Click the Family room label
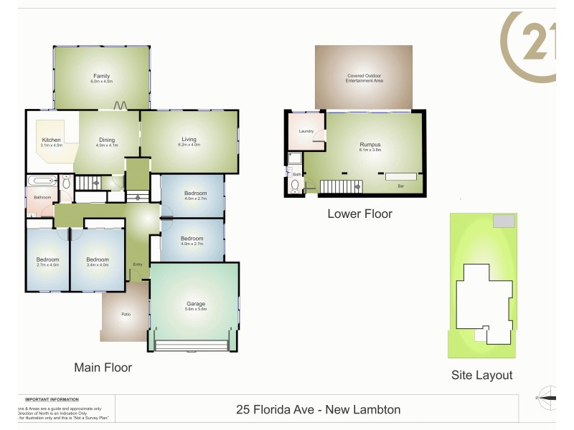tap(100, 75)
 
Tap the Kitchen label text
tap(51, 140)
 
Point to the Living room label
tap(189, 140)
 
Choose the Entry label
tap(137, 264)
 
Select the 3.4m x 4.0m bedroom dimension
tap(98, 265)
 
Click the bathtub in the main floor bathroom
tap(42, 181)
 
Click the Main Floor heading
tap(103, 368)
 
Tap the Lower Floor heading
tap(359, 213)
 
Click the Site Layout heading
tap(481, 375)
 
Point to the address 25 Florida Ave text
tap(319, 410)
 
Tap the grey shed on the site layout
tap(503, 222)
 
